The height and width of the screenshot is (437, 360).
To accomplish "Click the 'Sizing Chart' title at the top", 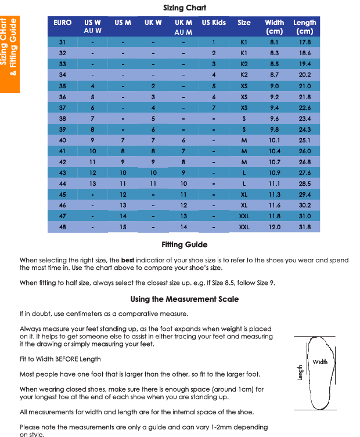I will click(185, 8).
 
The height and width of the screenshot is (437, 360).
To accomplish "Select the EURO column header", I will click(62, 23).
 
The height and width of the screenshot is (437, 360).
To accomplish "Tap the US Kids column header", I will click(214, 23).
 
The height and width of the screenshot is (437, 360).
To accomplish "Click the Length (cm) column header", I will click(304, 27).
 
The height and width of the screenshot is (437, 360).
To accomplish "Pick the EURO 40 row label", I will click(62, 140).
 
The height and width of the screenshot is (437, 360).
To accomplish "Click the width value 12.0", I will click(275, 227).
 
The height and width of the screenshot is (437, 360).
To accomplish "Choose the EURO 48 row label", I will click(62, 227).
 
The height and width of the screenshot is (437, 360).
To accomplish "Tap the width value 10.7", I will click(275, 162).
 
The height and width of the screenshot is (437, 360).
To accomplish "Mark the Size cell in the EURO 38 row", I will click(244, 118).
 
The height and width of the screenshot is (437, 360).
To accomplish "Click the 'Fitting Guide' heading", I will click(184, 245).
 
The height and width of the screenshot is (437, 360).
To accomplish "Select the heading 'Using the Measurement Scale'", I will click(184, 299).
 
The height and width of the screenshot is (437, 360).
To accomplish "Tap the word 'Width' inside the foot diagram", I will click(320, 362).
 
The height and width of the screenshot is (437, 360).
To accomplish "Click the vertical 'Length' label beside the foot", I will click(300, 372).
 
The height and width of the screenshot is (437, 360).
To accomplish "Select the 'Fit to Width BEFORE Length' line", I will click(60, 359).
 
